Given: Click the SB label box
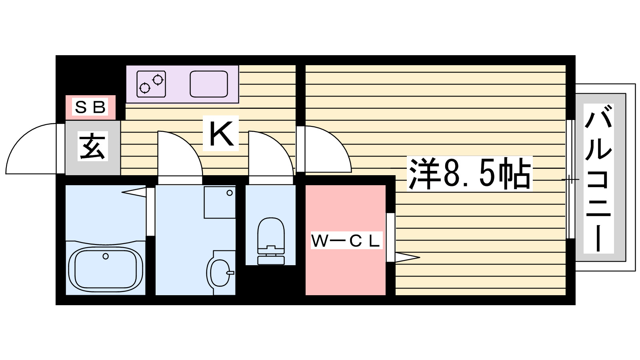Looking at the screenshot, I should point(90,107).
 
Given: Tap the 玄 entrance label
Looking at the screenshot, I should point(93,147).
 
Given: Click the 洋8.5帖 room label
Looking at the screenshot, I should point(470,174).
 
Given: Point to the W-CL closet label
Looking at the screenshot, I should point(346,241).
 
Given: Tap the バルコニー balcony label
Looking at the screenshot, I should point(598,178).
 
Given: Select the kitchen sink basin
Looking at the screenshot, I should point(209,84).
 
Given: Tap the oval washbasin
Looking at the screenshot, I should point(219,273).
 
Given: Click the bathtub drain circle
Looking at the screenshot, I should point(106,256).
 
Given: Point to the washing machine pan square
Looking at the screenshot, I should point(220,202).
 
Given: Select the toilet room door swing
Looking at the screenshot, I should point(272,154).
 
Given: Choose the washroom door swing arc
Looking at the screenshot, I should point(180,154).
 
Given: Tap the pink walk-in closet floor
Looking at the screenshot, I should point(345,272).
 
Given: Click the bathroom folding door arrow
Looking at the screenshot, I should point(134,192).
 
